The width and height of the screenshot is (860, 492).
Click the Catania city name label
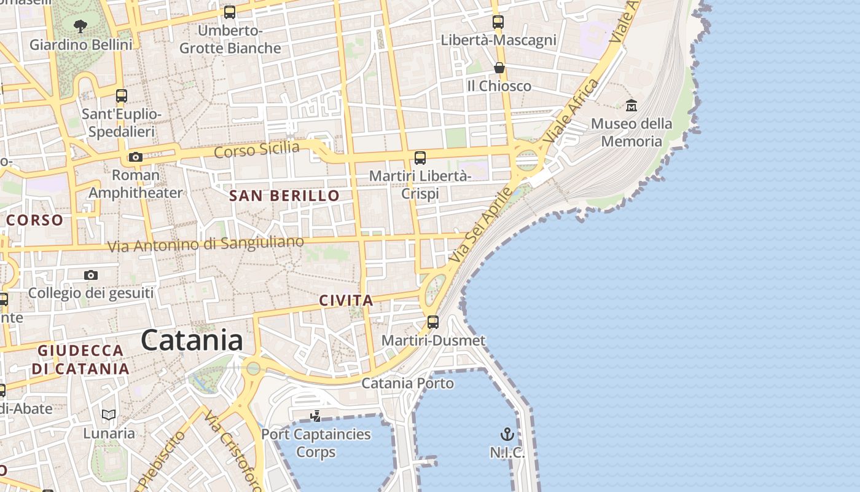192,340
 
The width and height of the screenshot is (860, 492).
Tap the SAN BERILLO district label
284,196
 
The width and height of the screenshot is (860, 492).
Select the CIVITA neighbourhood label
346,301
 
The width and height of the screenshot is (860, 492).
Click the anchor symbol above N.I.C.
507,435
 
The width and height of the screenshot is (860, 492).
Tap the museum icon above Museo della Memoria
631,106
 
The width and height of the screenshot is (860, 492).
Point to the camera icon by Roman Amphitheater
136,157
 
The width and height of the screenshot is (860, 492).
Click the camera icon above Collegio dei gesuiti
91,275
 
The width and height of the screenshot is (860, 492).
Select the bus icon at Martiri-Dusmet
433,322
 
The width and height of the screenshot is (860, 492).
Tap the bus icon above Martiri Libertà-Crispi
420,158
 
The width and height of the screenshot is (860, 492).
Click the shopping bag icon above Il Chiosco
499,68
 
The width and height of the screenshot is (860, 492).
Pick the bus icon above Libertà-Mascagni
498,22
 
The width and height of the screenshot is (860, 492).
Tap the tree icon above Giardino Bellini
80,26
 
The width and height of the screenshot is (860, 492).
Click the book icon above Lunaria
109,415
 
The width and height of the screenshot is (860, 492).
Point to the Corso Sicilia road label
257,149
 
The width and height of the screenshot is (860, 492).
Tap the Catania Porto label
408,383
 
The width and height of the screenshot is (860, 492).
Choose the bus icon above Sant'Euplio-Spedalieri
122,96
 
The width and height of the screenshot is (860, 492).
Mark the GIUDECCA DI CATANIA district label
80,360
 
